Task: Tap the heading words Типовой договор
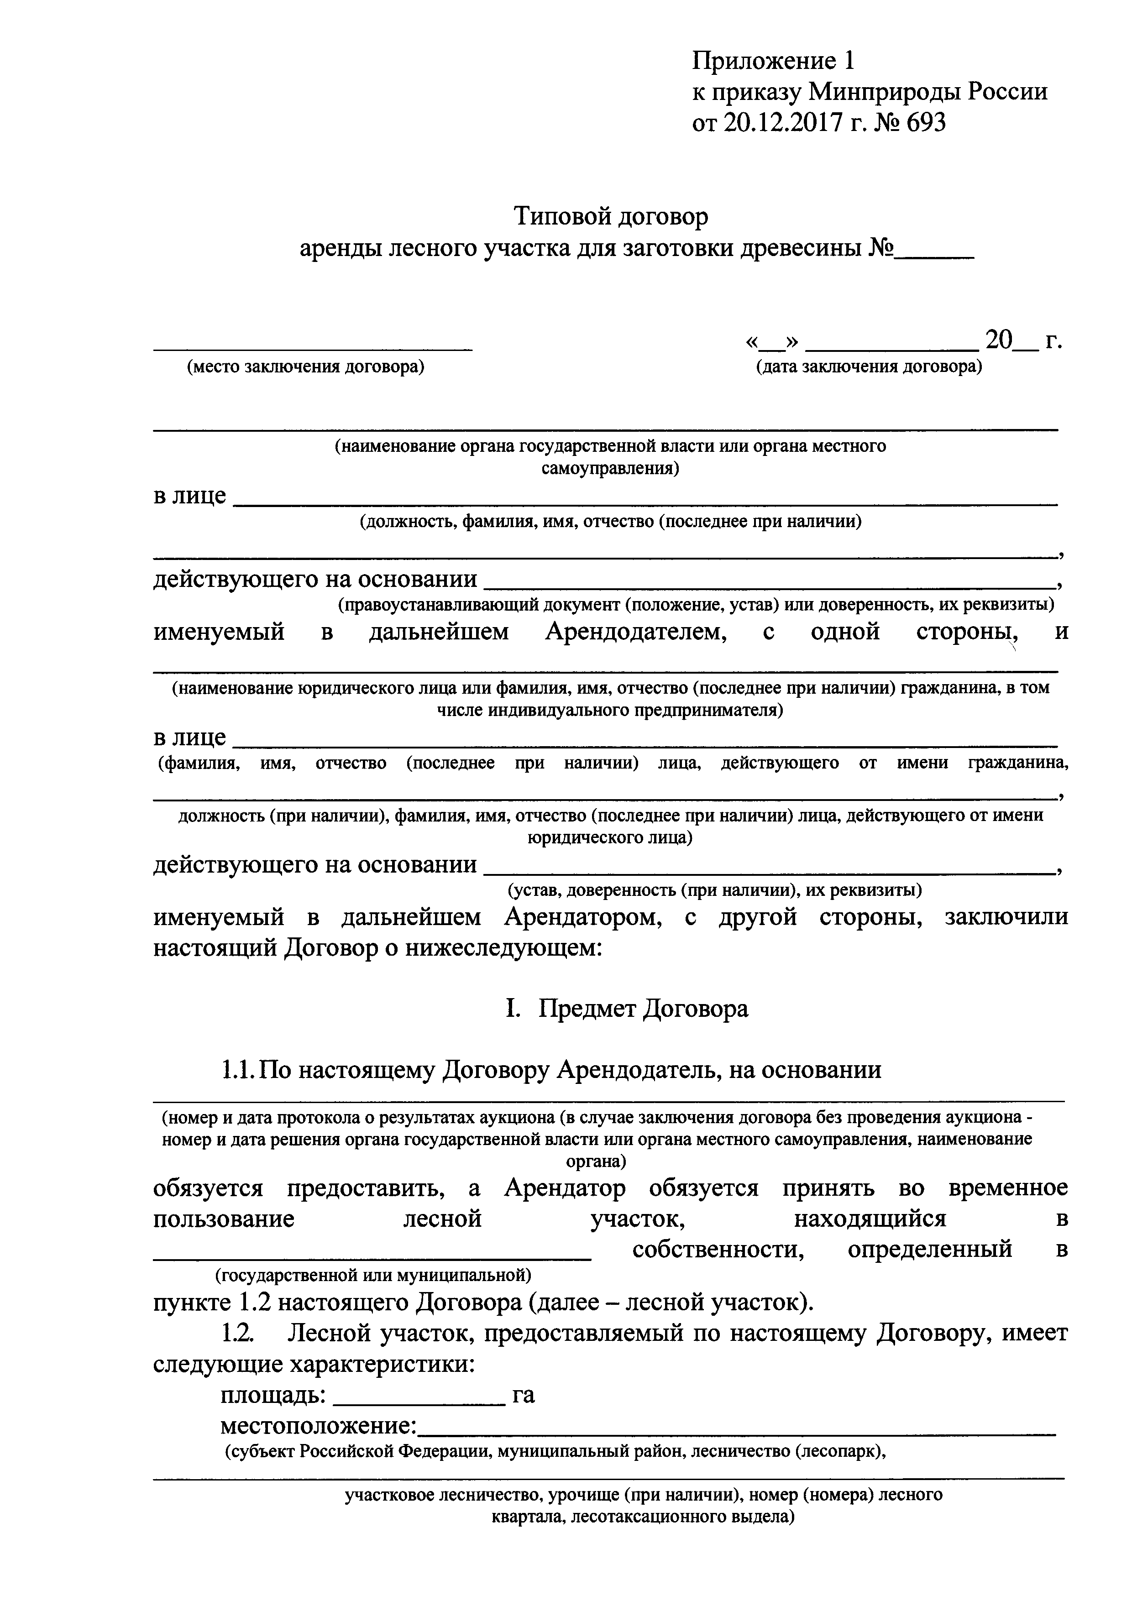pos(611,217)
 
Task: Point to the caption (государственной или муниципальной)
pos(373,1275)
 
